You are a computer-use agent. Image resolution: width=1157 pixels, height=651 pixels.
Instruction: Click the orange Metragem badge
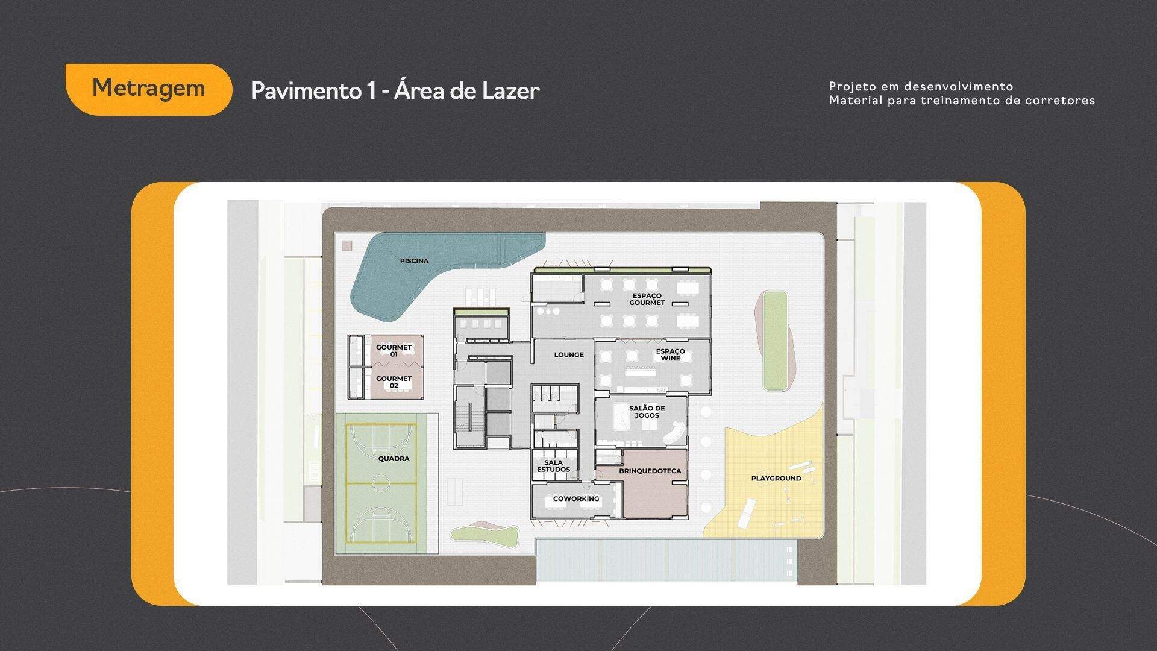pos(149,89)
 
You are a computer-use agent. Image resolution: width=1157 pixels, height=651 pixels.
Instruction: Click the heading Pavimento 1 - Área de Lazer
pos(395,90)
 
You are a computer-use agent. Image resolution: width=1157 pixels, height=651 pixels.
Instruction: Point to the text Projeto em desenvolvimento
pos(921,87)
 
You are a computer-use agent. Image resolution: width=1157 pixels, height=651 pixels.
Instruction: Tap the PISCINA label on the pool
pos(415,261)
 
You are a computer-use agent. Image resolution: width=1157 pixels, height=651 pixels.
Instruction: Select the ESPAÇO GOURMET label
pos(647,299)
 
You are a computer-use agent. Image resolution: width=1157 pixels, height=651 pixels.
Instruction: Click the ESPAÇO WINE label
pos(670,354)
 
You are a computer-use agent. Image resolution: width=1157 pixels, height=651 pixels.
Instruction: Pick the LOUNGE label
pos(569,354)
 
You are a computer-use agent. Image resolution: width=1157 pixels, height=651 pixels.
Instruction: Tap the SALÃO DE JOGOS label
pos(647,412)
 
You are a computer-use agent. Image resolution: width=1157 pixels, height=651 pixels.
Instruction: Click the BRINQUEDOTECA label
pos(650,471)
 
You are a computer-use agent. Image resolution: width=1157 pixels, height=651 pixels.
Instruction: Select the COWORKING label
pos(576,498)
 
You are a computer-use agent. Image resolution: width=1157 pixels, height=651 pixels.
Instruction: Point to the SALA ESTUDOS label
pos(553,466)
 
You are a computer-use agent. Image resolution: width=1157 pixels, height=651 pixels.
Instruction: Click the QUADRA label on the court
pos(394,458)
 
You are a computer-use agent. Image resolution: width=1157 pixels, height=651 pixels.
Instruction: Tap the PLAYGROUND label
pos(776,478)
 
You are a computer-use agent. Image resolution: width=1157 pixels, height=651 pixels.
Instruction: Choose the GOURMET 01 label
pos(394,351)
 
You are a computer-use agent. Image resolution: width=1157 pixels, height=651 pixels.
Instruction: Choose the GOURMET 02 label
pos(394,382)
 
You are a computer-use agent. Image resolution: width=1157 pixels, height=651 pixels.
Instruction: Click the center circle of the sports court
pos(381,483)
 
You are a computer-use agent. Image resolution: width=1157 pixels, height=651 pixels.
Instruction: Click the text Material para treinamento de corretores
pos(962,101)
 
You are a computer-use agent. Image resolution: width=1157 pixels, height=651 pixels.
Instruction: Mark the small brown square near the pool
pos(346,245)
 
